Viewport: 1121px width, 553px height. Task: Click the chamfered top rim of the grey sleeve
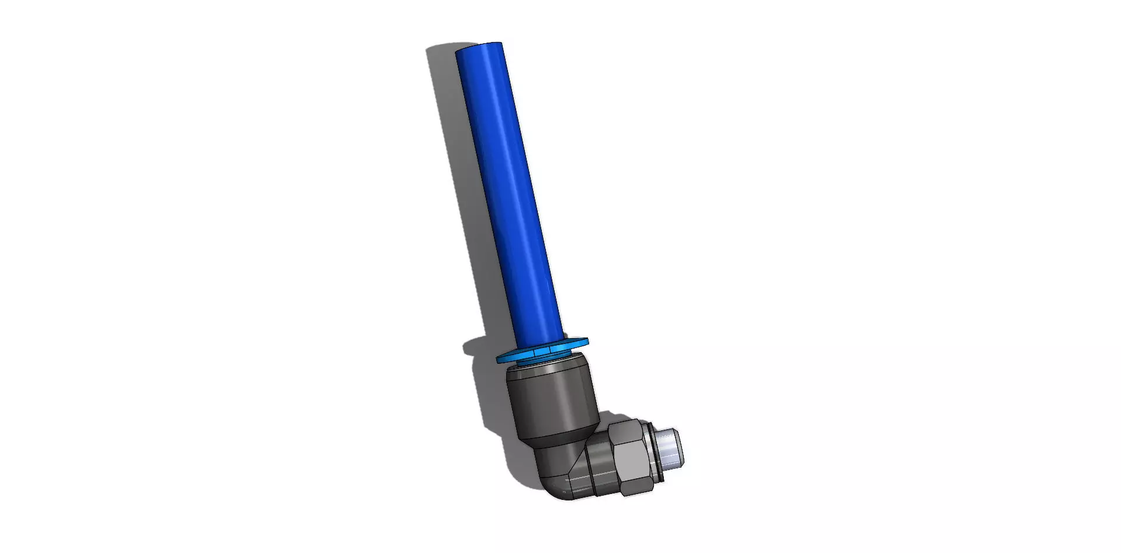[549, 368]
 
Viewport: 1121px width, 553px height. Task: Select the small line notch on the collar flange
[549, 349]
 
